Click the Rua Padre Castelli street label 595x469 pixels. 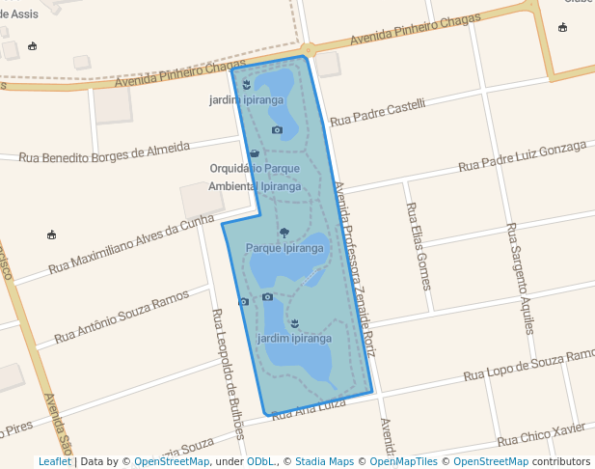(x=377, y=112)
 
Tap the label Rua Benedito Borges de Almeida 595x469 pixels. (x=104, y=152)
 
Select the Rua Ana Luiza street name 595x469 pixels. (x=309, y=408)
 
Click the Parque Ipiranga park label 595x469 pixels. (x=284, y=248)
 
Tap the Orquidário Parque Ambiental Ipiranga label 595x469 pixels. (x=255, y=177)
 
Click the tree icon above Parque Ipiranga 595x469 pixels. (x=284, y=232)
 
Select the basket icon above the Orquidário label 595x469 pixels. (x=254, y=152)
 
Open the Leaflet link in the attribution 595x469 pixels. (x=54, y=461)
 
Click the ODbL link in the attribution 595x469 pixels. (x=259, y=461)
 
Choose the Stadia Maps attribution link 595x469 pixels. (x=324, y=461)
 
